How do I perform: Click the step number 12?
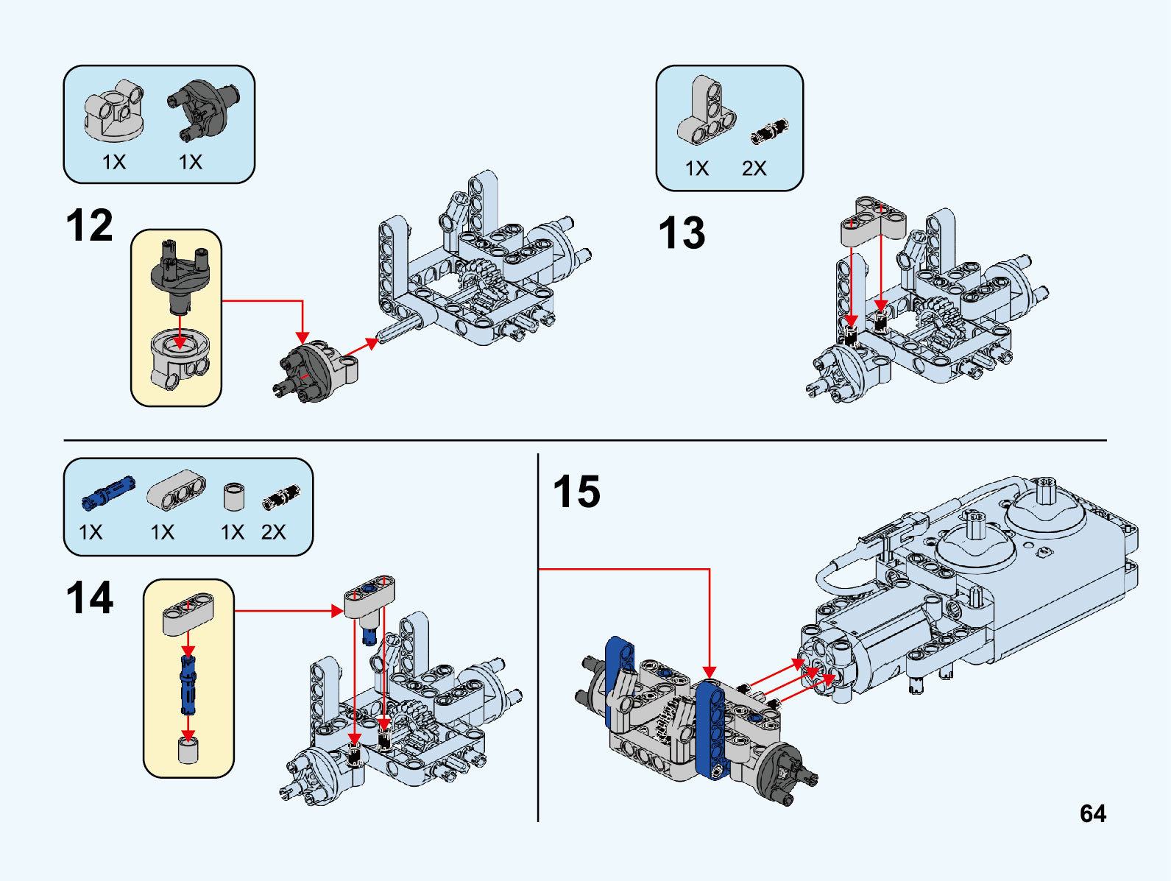pyautogui.click(x=89, y=225)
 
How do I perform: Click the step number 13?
pyautogui.click(x=682, y=233)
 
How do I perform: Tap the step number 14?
pyautogui.click(x=89, y=597)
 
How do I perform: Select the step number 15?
pyautogui.click(x=576, y=492)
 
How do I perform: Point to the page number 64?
pyautogui.click(x=1092, y=813)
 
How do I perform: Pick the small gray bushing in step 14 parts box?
pyautogui.click(x=233, y=497)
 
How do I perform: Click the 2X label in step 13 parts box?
pyautogui.click(x=754, y=169)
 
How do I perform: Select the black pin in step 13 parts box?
pyautogui.click(x=769, y=131)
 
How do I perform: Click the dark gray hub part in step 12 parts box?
pyautogui.click(x=203, y=108)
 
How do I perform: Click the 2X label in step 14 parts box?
pyautogui.click(x=273, y=532)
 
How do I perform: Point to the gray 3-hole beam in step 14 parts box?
pyautogui.click(x=177, y=489)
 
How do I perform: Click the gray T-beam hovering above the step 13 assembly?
pyautogui.click(x=873, y=221)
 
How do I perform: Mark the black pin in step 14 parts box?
pyautogui.click(x=281, y=498)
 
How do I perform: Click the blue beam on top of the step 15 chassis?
pyautogui.click(x=710, y=729)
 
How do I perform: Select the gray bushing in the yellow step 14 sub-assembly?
pyautogui.click(x=188, y=751)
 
